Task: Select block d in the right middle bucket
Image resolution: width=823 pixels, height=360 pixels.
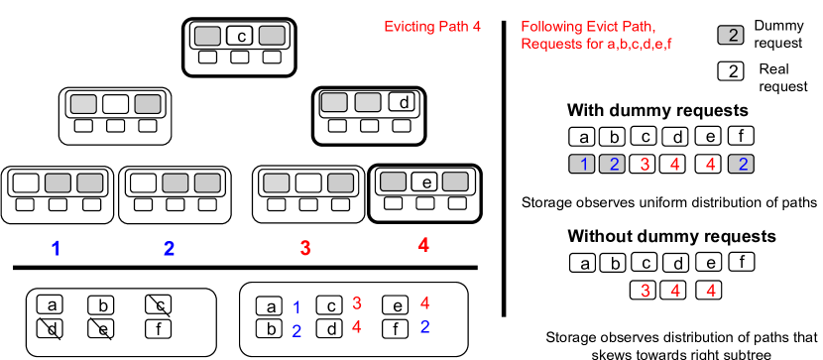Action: [x=403, y=102]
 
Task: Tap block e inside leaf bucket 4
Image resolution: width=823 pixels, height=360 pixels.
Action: [x=424, y=181]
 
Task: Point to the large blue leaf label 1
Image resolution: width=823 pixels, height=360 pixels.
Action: [x=56, y=248]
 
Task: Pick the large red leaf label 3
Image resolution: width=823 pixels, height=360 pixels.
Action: [x=305, y=248]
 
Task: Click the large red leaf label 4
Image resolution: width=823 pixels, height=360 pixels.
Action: [x=423, y=244]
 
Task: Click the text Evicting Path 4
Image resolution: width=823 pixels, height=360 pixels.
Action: [x=432, y=27]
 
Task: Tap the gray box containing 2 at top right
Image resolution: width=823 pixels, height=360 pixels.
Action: [x=731, y=36]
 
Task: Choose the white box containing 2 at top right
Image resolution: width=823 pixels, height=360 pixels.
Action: [x=731, y=71]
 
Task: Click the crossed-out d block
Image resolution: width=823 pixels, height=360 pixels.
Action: [x=51, y=327]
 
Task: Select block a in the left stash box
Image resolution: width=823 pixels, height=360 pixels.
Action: [x=51, y=304]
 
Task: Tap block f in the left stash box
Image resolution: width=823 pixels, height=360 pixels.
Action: [x=158, y=327]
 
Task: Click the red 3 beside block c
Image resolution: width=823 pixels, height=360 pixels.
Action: [x=357, y=302]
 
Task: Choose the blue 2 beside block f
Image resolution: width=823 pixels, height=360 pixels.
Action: [x=424, y=327]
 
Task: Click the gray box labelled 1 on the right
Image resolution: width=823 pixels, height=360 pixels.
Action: [x=584, y=164]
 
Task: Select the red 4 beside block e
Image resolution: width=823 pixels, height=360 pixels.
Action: [x=424, y=302]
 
